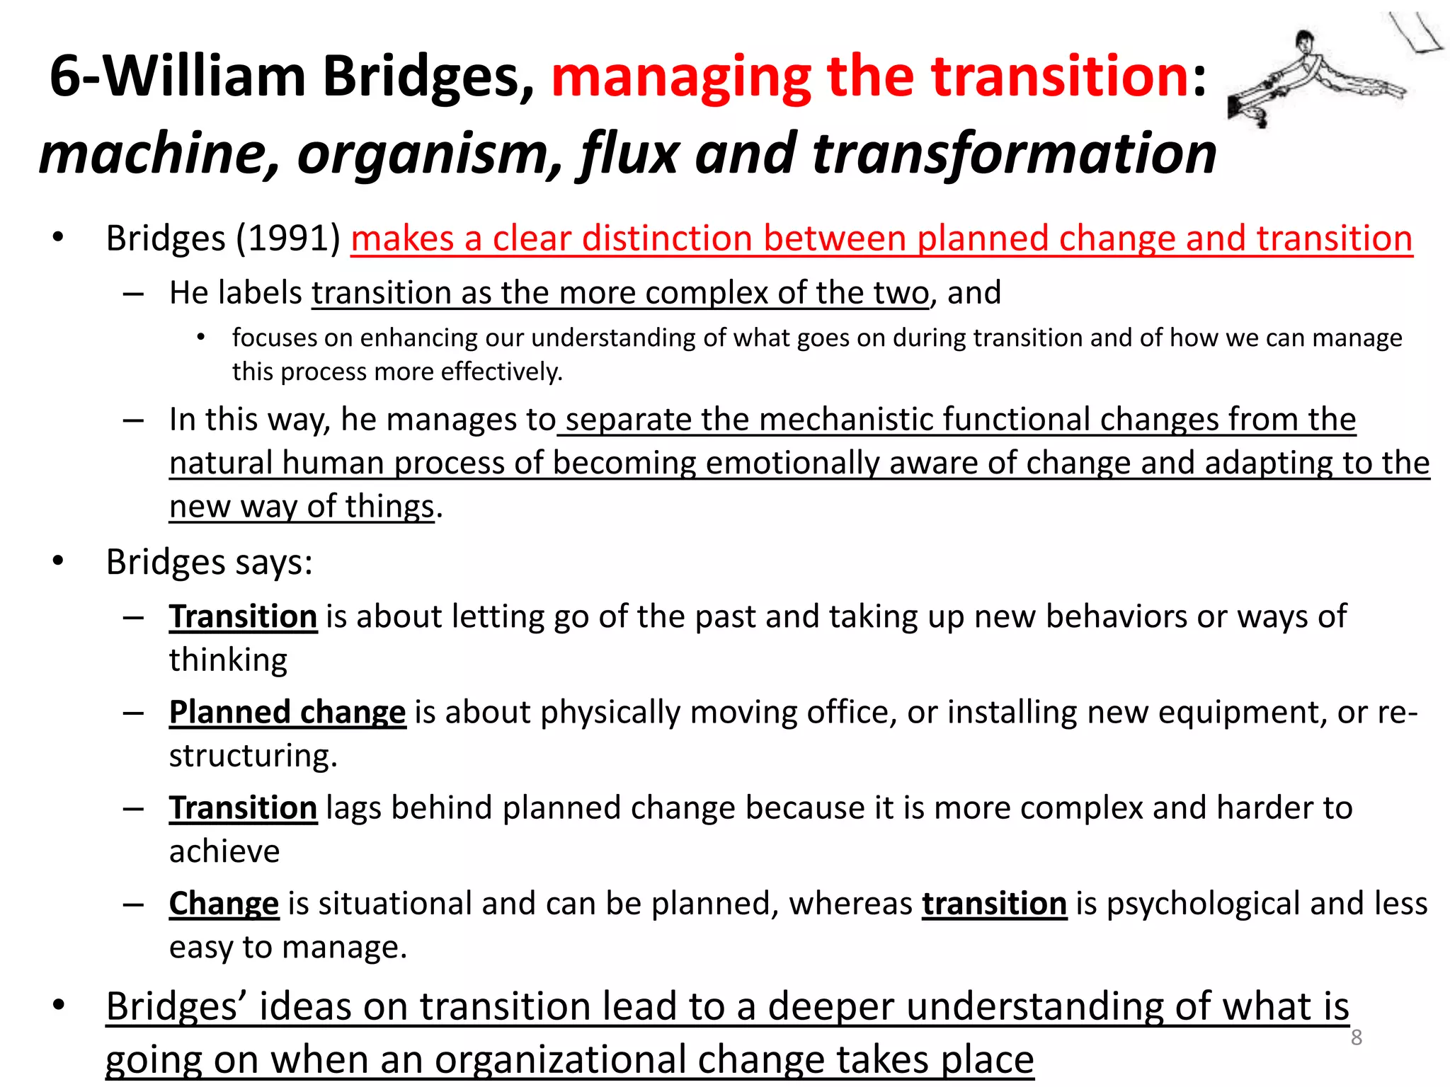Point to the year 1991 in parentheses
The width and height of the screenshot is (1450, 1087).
point(288,238)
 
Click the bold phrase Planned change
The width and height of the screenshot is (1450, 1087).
point(287,713)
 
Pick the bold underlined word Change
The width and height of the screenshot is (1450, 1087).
point(224,904)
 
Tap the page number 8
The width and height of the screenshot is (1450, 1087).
point(1356,1037)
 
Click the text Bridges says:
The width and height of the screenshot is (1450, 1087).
point(209,563)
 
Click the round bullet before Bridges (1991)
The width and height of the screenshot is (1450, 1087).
point(58,238)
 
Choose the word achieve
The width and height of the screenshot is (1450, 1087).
point(224,851)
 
